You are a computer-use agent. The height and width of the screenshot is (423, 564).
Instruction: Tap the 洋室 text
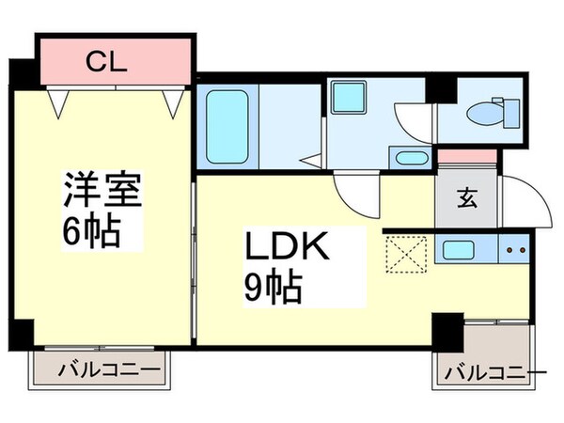(x=102, y=193)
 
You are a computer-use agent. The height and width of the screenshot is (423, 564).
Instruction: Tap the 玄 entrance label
(x=466, y=198)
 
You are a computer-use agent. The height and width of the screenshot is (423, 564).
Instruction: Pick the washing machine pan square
(x=354, y=97)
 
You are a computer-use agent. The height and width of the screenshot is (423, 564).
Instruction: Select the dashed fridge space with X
(x=405, y=253)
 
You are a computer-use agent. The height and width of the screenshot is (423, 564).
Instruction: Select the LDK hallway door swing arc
(x=359, y=196)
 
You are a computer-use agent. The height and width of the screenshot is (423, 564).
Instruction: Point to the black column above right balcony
(x=448, y=332)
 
